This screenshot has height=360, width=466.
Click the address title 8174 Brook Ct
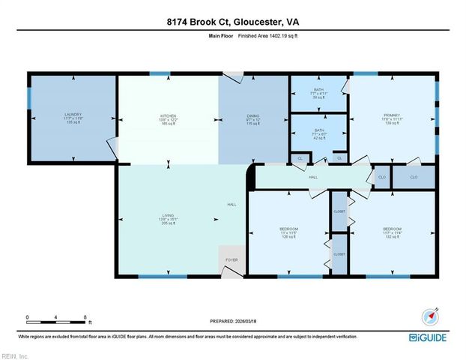pyautogui.click(x=232, y=22)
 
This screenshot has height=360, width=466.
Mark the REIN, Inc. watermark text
pyautogui.click(x=15, y=355)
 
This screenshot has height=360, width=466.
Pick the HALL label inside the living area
pyautogui.click(x=232, y=205)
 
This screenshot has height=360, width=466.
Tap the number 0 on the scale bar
pyautogui.click(x=26, y=316)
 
